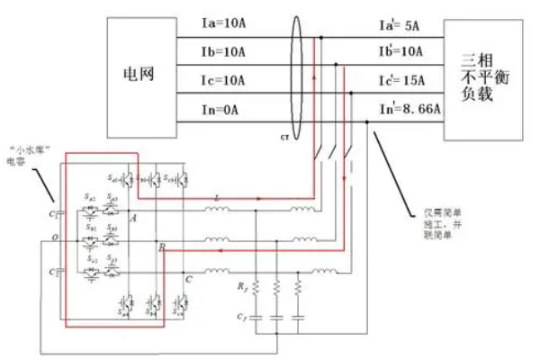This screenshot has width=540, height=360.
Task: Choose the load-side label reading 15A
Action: (x=407, y=82)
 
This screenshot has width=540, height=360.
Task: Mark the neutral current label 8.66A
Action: (x=409, y=109)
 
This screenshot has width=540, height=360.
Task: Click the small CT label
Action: (x=284, y=138)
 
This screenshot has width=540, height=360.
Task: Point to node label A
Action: (x=132, y=217)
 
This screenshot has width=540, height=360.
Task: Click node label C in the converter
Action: (x=189, y=279)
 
